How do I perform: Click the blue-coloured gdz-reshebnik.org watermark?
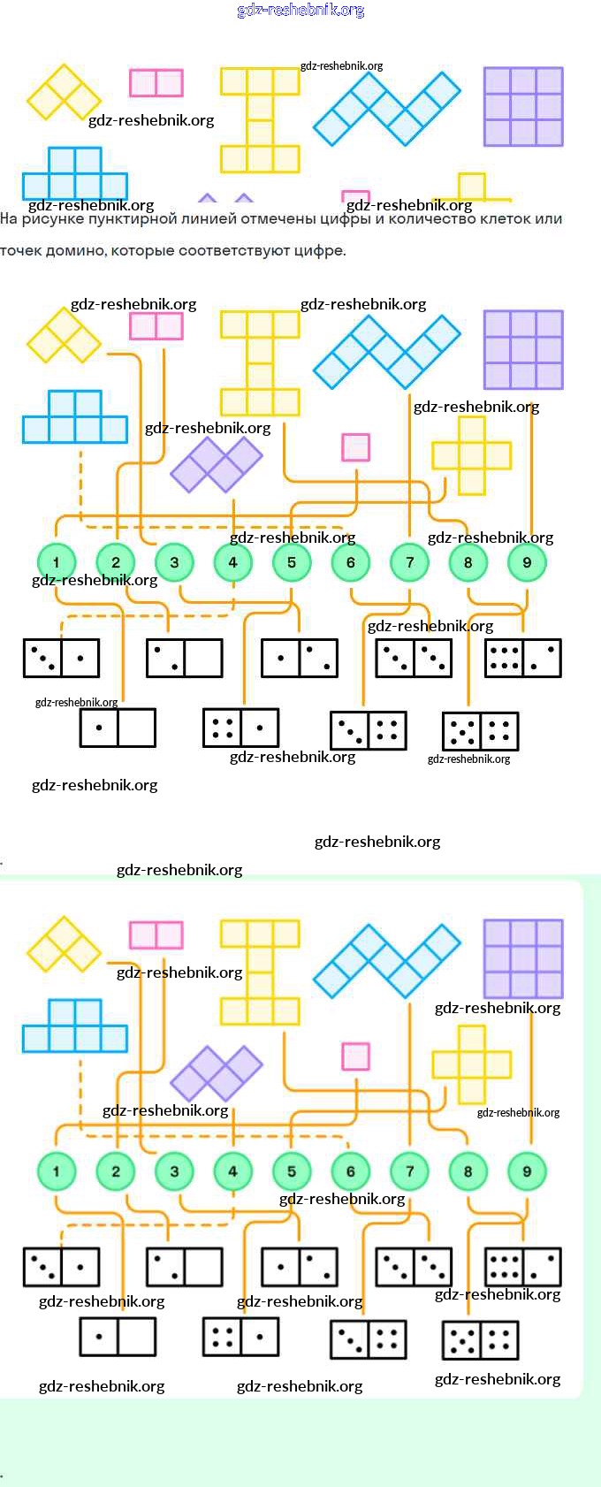(300, 11)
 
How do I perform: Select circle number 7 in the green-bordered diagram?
(409, 1171)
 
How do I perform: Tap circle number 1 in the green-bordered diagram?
(57, 1171)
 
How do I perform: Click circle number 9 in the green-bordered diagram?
(527, 1171)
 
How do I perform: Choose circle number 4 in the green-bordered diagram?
(232, 1171)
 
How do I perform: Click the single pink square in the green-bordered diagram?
(355, 1056)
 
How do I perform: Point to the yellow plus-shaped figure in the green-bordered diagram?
(471, 1064)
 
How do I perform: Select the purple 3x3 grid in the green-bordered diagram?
(523, 959)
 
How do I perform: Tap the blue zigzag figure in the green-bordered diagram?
(387, 960)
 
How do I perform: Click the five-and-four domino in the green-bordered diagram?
(480, 1339)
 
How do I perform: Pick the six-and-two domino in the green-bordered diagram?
(523, 1267)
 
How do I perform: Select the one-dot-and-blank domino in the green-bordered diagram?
(118, 1337)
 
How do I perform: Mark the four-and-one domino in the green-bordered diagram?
(240, 1337)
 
